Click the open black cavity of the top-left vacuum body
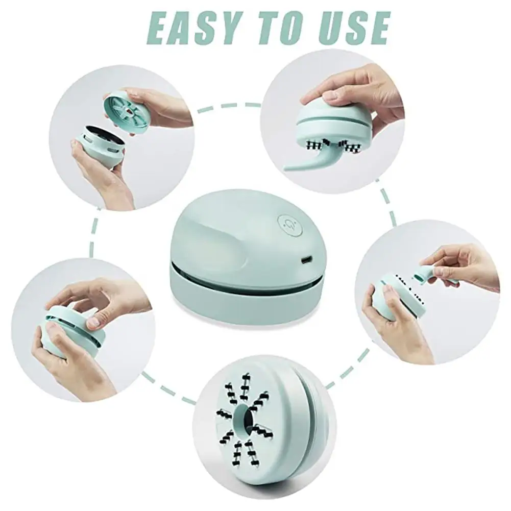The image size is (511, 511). coord(100,134)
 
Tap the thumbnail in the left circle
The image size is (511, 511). coord(93,322)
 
